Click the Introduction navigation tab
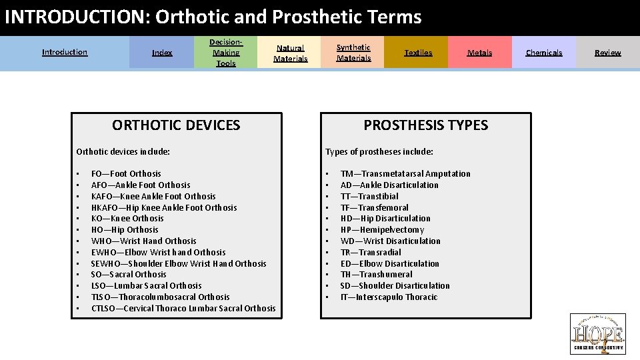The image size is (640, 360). pos(65,52)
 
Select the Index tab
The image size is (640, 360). pos(162,53)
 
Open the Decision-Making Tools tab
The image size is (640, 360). pos(226,53)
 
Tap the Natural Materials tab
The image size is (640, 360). pos(291,53)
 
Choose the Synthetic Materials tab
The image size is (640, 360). pos(353,53)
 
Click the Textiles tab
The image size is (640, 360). pos(418,53)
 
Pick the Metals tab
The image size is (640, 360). pos(479,53)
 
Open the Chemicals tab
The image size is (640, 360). pos(544,53)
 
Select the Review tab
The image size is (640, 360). pos(607,53)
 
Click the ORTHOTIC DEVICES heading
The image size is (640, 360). pos(176,125)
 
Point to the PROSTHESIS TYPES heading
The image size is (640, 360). pos(425,125)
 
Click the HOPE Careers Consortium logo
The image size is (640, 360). pos(597,333)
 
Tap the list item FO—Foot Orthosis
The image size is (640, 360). pos(126,174)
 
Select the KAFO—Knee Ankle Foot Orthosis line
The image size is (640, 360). pos(153,197)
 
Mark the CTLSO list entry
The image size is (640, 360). pos(183,309)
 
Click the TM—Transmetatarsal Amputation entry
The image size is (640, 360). pos(405,174)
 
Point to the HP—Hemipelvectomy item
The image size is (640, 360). pos(382,230)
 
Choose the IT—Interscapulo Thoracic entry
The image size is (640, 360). pos(389,297)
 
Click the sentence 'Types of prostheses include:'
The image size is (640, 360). pos(379,152)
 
